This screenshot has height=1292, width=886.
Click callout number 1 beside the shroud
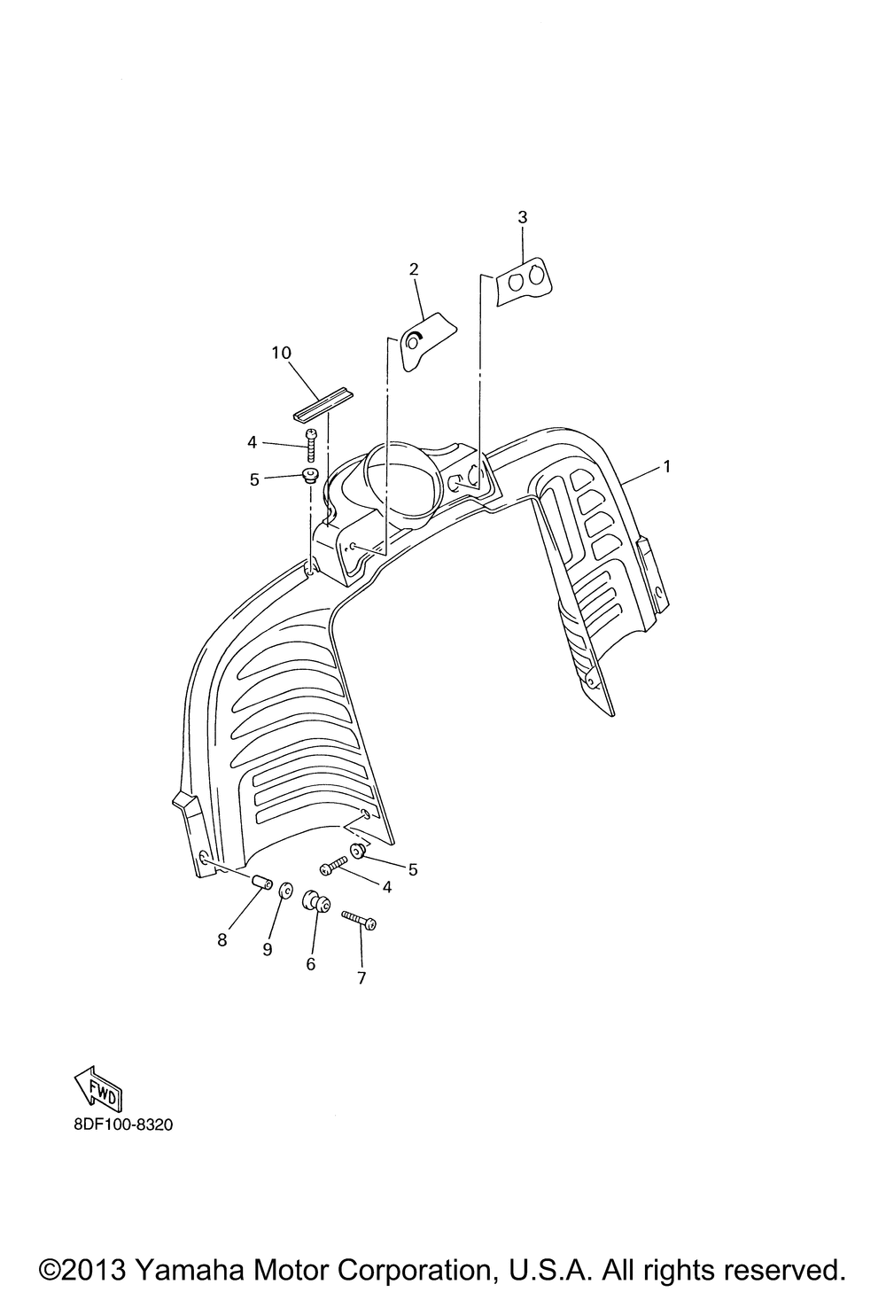(667, 466)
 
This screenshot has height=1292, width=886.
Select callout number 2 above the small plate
(414, 269)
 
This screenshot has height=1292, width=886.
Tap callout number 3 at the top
(522, 217)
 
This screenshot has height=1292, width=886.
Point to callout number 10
(282, 353)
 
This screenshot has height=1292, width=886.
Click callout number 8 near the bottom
(222, 940)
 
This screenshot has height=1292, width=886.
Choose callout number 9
(267, 950)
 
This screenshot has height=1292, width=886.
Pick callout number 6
(311, 964)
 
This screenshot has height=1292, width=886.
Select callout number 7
(361, 978)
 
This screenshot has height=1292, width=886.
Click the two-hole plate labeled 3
(523, 282)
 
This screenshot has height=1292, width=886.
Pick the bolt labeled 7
(359, 920)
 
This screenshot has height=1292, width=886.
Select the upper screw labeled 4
(312, 445)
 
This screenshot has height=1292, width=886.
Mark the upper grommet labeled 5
(310, 477)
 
